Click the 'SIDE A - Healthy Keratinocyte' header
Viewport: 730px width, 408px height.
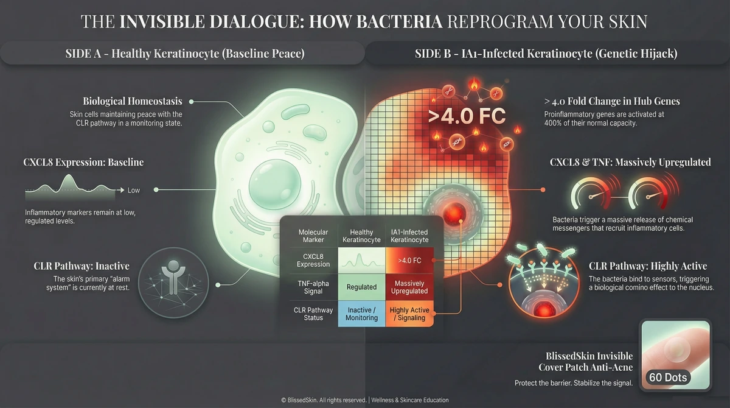click(184, 54)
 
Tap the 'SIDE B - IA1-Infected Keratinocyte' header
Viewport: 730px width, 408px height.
click(546, 54)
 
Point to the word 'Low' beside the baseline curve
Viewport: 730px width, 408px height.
click(133, 191)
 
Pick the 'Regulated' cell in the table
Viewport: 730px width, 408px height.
click(362, 287)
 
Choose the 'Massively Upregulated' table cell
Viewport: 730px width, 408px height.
click(410, 287)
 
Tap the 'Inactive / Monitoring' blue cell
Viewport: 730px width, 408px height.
click(362, 314)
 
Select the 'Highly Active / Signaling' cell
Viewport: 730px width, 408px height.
click(410, 314)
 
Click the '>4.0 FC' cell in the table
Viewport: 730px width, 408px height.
click(410, 260)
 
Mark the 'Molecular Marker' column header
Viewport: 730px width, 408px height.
click(313, 236)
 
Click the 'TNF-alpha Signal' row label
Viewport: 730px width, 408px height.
click(313, 287)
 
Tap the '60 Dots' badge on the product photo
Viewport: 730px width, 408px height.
click(667, 378)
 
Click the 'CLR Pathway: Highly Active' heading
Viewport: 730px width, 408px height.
click(648, 266)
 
